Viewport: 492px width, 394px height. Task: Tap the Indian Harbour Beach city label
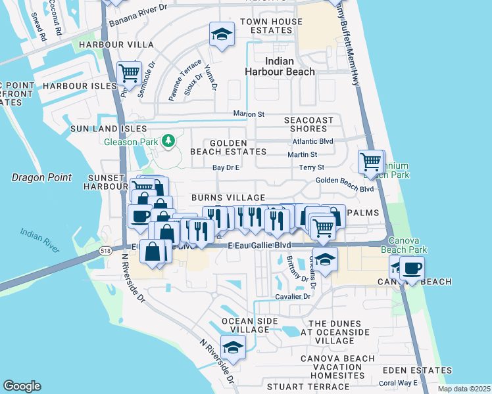pyautogui.click(x=280, y=66)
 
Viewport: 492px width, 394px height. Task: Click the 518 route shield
pyautogui.click(x=106, y=250)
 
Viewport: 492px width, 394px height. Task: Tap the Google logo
pyautogui.click(x=22, y=385)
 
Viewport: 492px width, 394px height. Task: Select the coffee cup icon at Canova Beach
pyautogui.click(x=412, y=269)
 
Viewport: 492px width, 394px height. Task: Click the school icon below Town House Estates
pyautogui.click(x=222, y=33)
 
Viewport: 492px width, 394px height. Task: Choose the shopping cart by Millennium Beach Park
pyautogui.click(x=371, y=161)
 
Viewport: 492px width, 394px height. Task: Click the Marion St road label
pyautogui.click(x=249, y=114)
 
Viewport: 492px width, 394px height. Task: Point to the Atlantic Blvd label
pyautogui.click(x=313, y=141)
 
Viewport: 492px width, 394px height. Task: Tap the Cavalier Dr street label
pyautogui.click(x=293, y=297)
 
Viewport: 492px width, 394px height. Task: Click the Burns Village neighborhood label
pyautogui.click(x=228, y=198)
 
